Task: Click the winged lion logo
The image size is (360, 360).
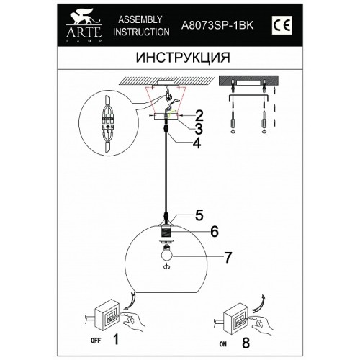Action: [x=84, y=17]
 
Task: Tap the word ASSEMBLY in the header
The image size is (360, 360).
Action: [x=140, y=19]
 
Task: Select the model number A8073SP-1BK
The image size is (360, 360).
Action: [x=217, y=25]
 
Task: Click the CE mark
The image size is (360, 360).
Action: [x=282, y=25]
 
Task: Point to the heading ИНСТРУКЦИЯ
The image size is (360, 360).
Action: [x=183, y=58]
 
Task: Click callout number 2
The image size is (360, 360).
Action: [x=199, y=116]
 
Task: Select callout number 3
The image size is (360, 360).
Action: [x=199, y=129]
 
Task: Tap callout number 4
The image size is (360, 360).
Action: [x=197, y=143]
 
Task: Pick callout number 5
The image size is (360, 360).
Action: [x=199, y=215]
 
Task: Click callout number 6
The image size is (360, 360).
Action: [x=215, y=231]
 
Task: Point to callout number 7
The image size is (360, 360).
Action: [x=228, y=257]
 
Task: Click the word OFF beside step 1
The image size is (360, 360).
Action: [x=96, y=341]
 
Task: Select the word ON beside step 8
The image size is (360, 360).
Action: [x=222, y=344]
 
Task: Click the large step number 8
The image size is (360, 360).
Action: [x=246, y=343]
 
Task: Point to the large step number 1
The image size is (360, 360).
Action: [x=116, y=339]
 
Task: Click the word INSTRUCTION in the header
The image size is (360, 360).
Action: [x=141, y=32]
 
